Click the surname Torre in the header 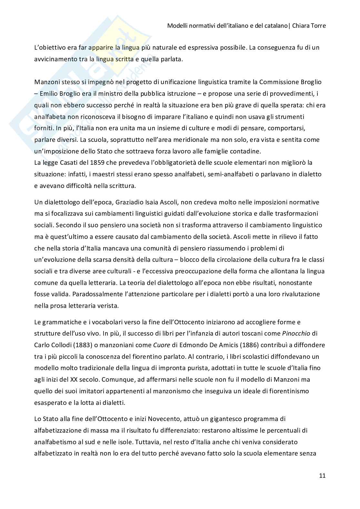[318, 26]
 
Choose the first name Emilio [47, 93]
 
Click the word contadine [250, 151]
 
